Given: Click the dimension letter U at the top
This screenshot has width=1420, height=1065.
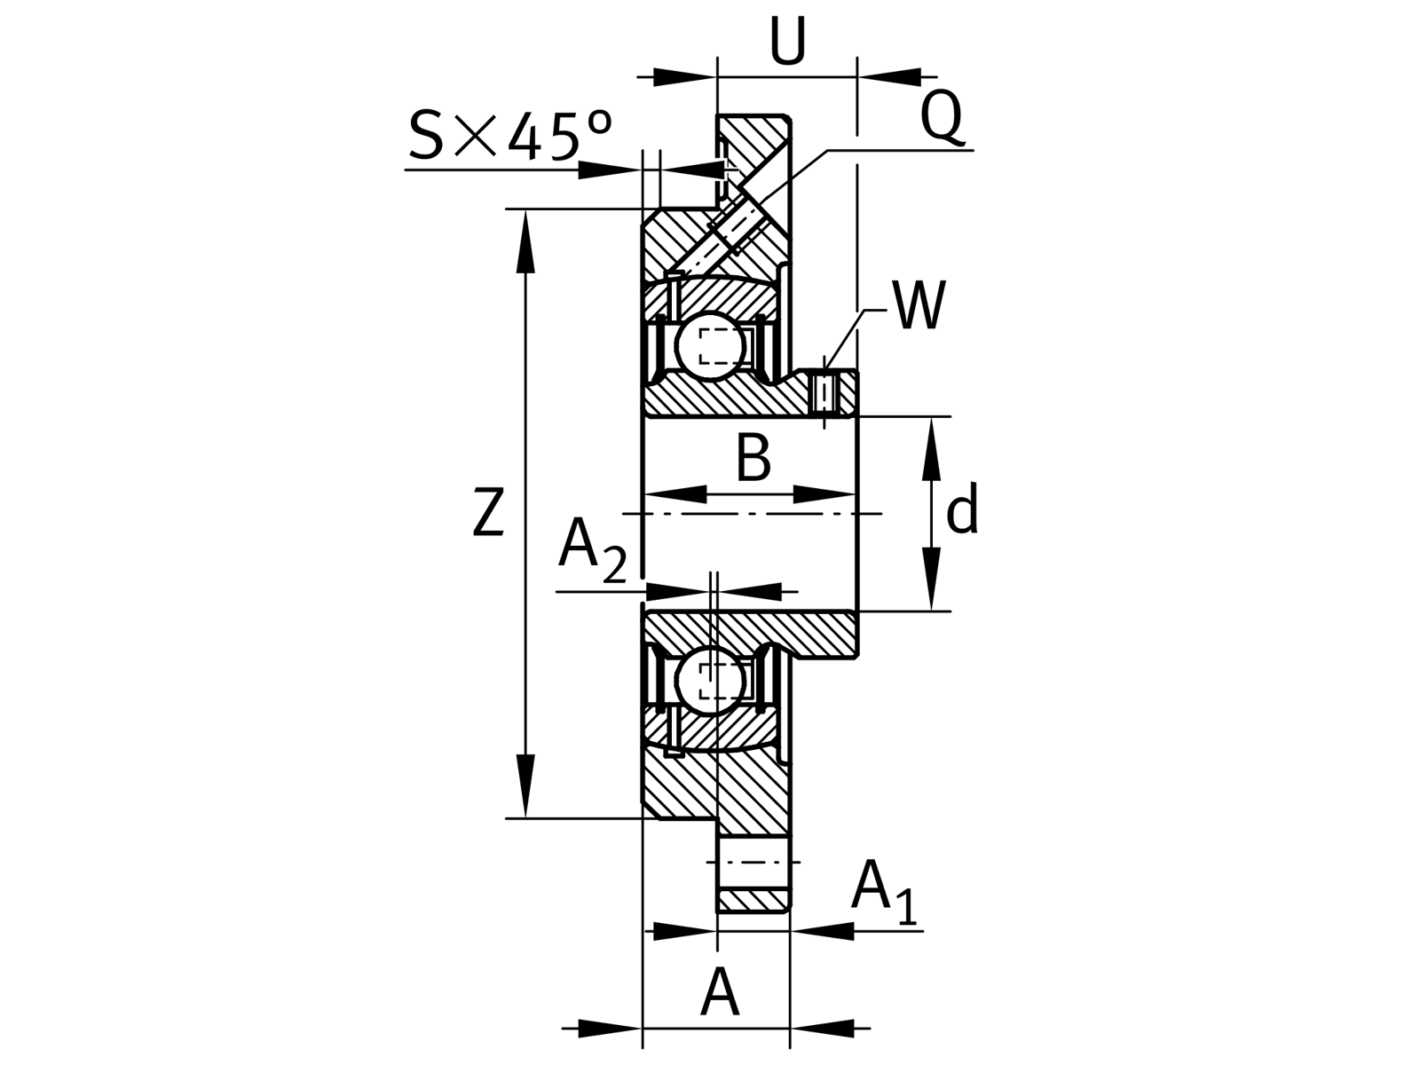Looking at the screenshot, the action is pyautogui.click(x=787, y=41).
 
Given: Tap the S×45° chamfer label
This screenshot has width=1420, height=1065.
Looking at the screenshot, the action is pyautogui.click(x=510, y=135).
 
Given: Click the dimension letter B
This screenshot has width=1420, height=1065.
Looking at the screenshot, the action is pyautogui.click(x=753, y=458).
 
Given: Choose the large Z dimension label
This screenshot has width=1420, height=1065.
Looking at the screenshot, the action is pyautogui.click(x=488, y=511).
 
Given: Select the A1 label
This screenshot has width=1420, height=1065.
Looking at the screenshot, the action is pyautogui.click(x=884, y=890).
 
